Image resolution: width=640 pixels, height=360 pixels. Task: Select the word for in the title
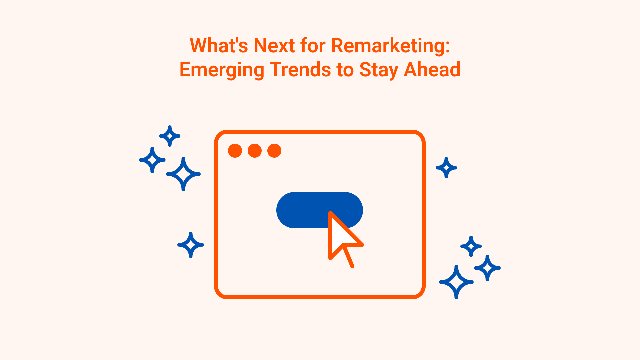click(x=313, y=46)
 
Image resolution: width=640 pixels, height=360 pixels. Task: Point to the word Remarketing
click(x=390, y=46)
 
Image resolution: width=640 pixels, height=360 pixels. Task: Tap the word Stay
click(x=379, y=70)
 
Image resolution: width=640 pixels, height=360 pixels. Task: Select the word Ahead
click(x=432, y=70)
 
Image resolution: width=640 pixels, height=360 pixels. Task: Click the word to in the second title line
click(x=345, y=70)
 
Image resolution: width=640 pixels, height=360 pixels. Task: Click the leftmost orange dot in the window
click(x=235, y=151)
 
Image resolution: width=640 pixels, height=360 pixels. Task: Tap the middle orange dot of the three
click(x=255, y=151)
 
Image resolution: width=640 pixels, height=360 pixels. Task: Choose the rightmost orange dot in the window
click(x=274, y=151)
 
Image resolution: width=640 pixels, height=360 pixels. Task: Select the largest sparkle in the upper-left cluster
click(x=183, y=174)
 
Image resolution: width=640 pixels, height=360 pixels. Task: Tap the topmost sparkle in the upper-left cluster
click(x=170, y=136)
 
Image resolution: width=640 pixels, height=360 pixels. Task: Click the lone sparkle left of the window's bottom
click(x=191, y=245)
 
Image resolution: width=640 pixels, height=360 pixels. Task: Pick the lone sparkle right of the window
click(x=446, y=168)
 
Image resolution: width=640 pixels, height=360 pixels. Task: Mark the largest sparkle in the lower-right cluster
click(x=456, y=282)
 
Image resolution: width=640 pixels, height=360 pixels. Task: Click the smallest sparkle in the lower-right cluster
click(x=471, y=246)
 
